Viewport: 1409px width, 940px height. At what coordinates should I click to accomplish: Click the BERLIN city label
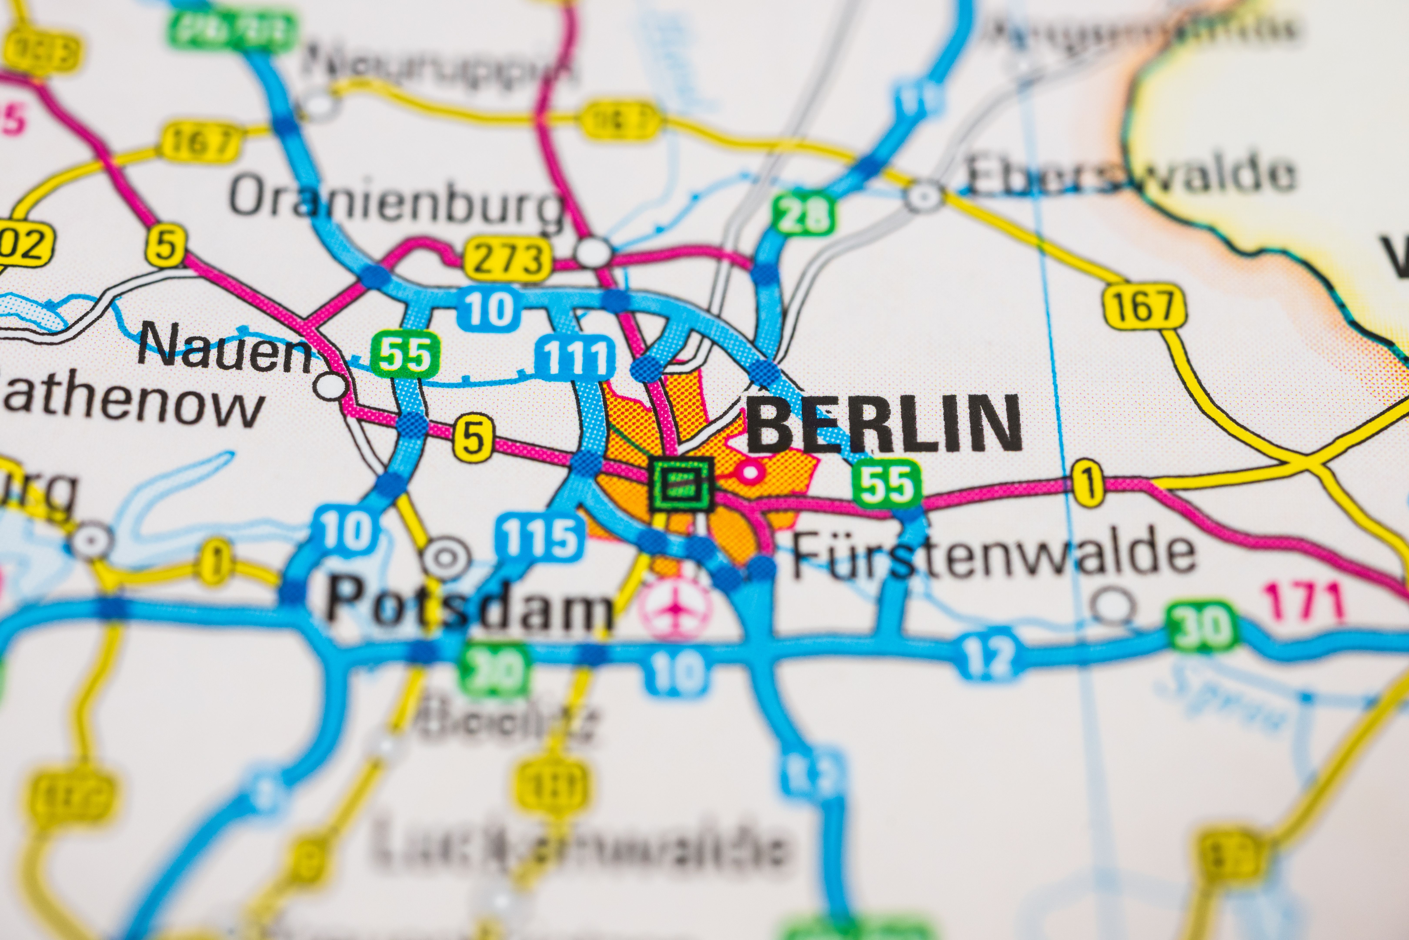pos(884,424)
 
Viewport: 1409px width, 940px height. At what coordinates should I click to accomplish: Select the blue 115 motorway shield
pos(539,537)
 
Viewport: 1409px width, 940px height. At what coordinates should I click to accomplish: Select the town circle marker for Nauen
pos(330,386)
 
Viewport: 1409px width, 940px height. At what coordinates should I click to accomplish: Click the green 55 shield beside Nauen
pos(405,356)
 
